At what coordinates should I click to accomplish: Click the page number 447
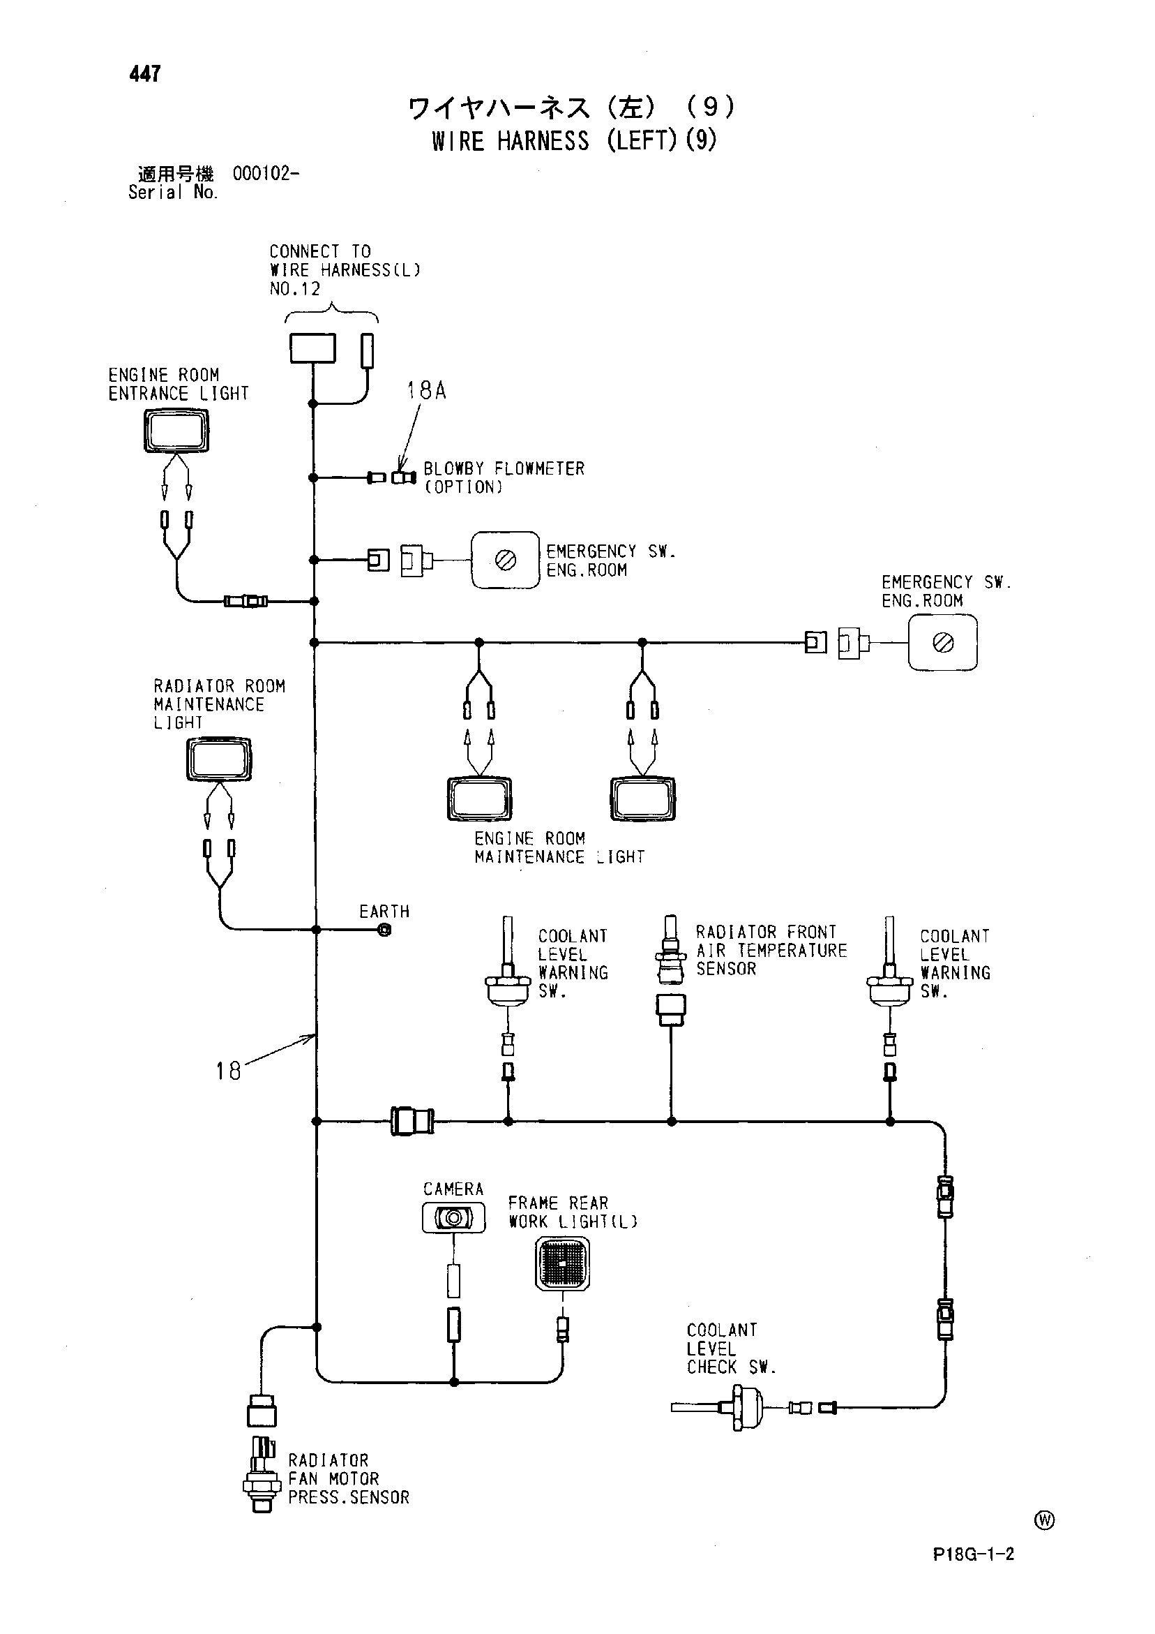[145, 73]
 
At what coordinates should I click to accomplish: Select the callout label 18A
[426, 390]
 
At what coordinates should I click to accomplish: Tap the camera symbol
[454, 1219]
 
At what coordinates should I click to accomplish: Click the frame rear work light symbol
[563, 1264]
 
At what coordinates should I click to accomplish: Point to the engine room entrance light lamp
[176, 431]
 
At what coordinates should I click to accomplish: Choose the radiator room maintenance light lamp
[219, 759]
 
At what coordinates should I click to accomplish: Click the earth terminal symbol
[385, 930]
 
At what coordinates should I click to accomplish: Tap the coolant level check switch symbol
[718, 1407]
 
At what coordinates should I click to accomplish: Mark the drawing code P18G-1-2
[974, 1573]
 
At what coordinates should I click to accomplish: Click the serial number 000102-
[266, 173]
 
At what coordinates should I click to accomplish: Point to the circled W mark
[1044, 1520]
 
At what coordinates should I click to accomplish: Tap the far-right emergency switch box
[943, 644]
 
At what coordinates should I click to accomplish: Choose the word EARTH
[385, 912]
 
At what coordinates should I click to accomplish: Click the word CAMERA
[453, 1189]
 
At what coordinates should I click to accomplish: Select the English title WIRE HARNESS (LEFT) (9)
[575, 140]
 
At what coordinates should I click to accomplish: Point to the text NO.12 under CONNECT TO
[295, 289]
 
